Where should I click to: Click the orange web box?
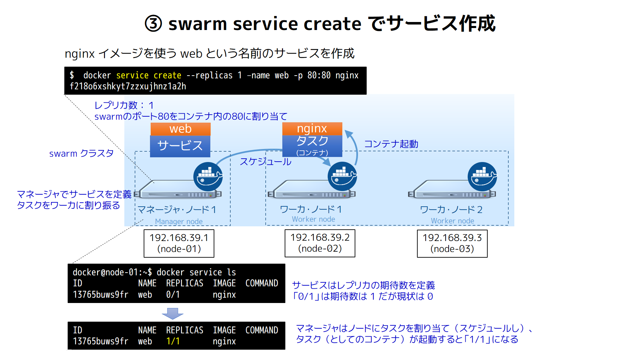(x=180, y=129)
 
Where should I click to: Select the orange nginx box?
(x=312, y=129)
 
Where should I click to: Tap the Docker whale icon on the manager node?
(x=208, y=177)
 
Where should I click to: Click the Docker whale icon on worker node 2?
(x=482, y=177)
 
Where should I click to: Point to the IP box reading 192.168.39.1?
(x=179, y=243)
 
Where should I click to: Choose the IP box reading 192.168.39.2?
(x=320, y=243)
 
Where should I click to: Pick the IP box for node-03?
(x=452, y=243)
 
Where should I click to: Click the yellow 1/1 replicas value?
(x=173, y=341)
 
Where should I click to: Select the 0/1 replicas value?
(x=173, y=295)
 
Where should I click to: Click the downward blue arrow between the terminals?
(x=172, y=313)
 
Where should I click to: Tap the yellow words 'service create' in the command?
(x=149, y=76)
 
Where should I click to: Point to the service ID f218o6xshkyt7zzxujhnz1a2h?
(x=128, y=86)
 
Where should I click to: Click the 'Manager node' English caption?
(x=179, y=221)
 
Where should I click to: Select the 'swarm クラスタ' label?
(x=81, y=153)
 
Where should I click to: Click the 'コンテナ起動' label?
(x=391, y=144)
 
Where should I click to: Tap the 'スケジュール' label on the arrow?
(x=265, y=162)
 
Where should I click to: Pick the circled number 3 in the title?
(x=153, y=24)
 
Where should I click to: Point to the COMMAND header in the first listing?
(x=262, y=283)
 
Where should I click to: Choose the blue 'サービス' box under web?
(x=180, y=146)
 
